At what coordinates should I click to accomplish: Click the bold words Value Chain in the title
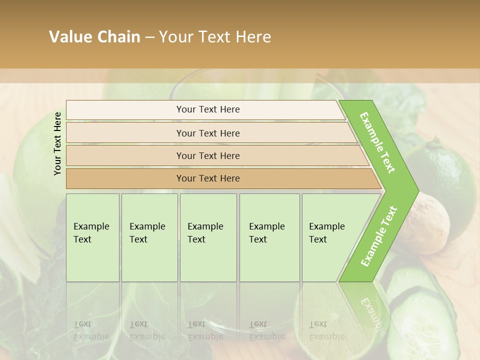tap(94, 37)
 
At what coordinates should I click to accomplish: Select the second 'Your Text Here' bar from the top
tap(208, 133)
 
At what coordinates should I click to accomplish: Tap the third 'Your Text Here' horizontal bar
tap(208, 155)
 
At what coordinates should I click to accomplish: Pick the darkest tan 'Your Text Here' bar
tap(208, 178)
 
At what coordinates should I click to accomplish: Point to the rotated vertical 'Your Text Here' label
tap(57, 143)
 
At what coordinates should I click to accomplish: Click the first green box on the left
tap(92, 237)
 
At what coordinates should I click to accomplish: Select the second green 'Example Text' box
tap(149, 237)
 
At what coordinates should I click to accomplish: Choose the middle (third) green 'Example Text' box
tap(208, 237)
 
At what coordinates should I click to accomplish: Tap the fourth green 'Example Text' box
tap(269, 237)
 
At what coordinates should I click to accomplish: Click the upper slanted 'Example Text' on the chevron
tap(377, 142)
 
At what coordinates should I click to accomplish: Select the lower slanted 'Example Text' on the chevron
tap(378, 236)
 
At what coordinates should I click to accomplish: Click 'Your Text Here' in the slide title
tap(215, 37)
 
